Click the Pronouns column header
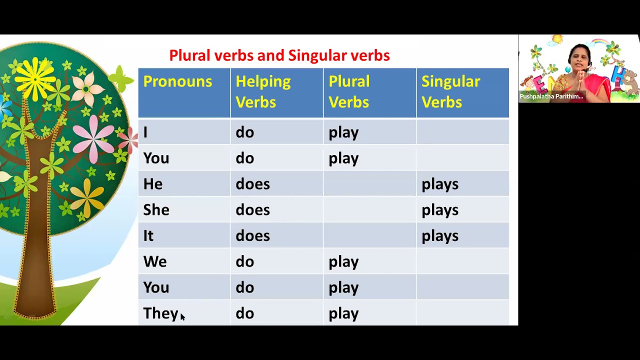(177, 82)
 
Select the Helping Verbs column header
(263, 92)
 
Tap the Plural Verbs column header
(349, 92)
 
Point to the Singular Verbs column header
(450, 92)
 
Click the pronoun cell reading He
(153, 184)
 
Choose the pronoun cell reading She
(156, 210)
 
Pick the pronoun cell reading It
(148, 236)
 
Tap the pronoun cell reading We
(155, 262)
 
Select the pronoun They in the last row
(160, 313)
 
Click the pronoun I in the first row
(145, 132)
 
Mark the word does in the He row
(252, 184)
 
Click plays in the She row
(439, 210)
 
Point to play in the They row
(343, 313)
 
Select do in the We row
(244, 262)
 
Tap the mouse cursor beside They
(182, 316)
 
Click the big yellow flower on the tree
(35, 77)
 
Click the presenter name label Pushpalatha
(551, 96)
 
